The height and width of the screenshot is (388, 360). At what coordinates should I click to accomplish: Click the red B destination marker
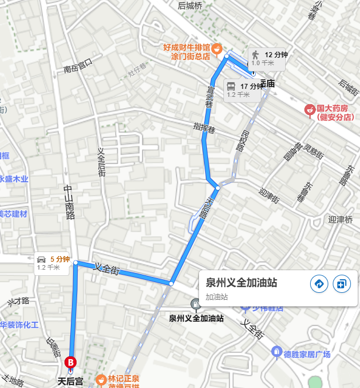[71, 361]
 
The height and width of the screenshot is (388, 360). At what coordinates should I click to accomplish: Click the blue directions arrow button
[319, 284]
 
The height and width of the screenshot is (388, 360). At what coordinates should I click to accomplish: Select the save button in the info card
[342, 284]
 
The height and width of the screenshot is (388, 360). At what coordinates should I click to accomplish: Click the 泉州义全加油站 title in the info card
[242, 283]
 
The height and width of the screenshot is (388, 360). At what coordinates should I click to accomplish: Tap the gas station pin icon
[195, 305]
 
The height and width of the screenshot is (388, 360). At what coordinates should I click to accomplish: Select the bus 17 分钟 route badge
[244, 89]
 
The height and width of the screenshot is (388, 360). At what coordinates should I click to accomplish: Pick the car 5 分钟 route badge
[54, 263]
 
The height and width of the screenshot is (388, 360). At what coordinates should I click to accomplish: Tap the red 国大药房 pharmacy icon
[310, 109]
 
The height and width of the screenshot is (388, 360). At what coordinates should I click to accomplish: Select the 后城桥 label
[190, 6]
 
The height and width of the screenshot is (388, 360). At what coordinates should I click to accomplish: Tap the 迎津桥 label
[340, 219]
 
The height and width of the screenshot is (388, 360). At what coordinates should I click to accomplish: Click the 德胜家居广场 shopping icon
[277, 352]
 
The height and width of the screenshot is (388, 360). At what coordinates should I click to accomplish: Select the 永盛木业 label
[14, 179]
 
